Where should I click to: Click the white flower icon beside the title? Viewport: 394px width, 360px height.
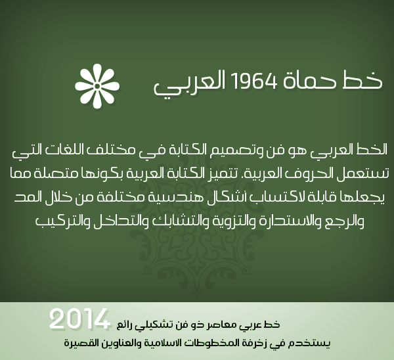point(97,86)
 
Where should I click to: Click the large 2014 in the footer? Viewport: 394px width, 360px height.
point(79,319)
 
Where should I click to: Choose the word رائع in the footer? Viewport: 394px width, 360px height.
point(124,325)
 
